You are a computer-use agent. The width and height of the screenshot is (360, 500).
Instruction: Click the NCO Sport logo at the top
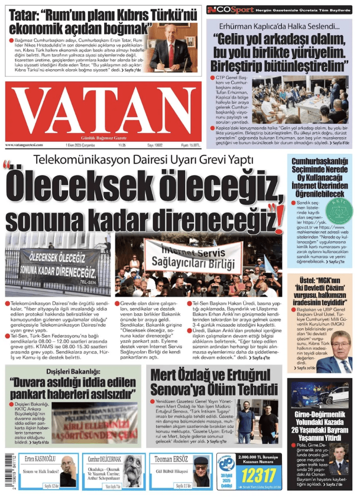click(x=231, y=10)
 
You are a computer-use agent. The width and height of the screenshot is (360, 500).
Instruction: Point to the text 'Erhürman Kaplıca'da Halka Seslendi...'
click(x=280, y=25)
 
